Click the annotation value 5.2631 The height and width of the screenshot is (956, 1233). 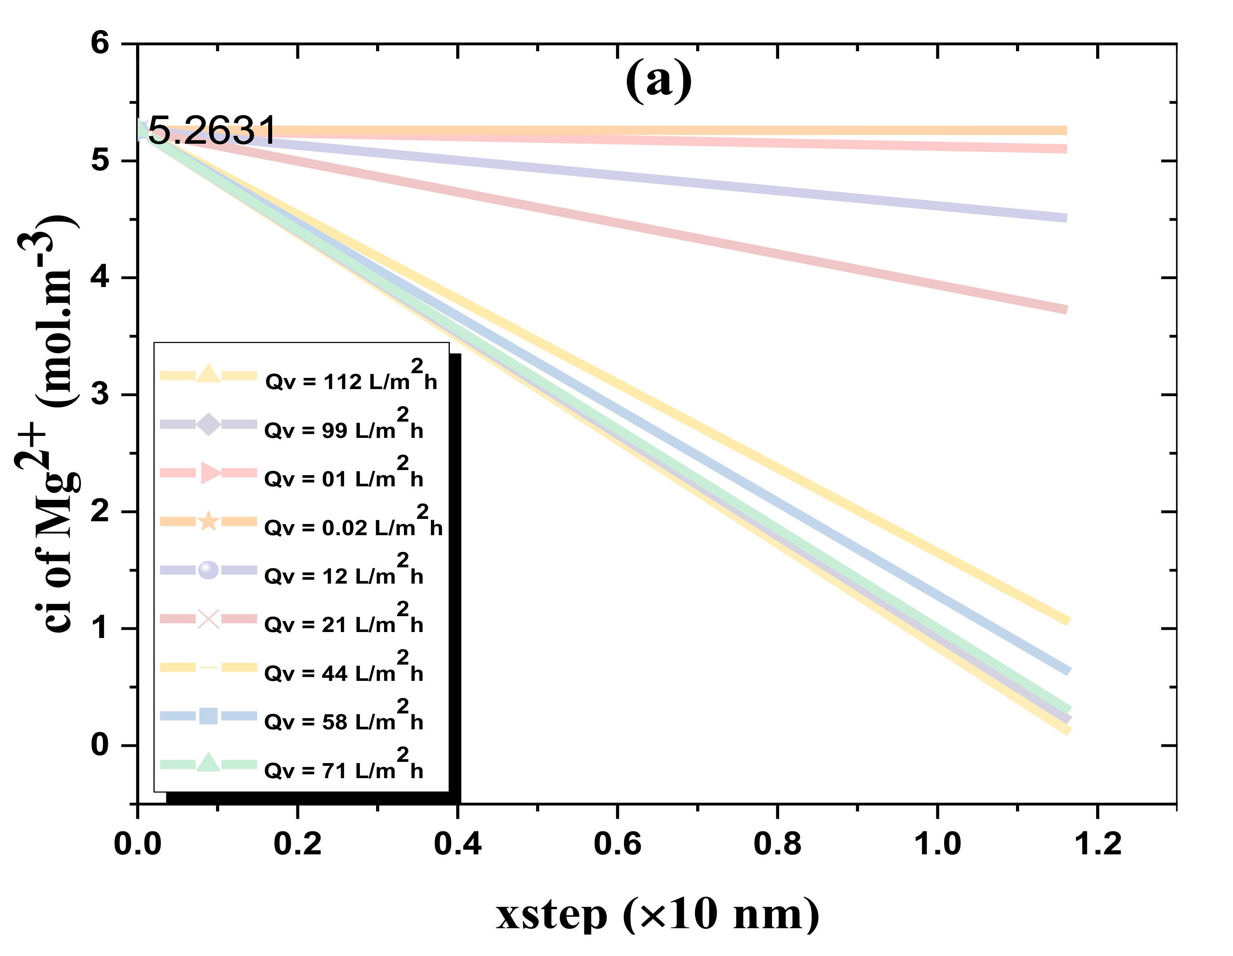212,131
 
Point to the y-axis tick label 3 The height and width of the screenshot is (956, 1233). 100,394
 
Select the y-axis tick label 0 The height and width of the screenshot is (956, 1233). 100,745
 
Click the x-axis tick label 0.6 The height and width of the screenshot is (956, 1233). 618,844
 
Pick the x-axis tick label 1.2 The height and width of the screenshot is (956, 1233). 1097,844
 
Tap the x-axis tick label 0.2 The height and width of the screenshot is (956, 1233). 298,844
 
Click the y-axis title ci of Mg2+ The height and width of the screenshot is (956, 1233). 51,424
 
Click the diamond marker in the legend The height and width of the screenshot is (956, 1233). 208,425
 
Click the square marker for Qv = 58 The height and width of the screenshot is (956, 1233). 208,716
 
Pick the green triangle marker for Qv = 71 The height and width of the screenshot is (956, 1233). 208,763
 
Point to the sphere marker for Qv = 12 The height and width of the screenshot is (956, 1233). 208,570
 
